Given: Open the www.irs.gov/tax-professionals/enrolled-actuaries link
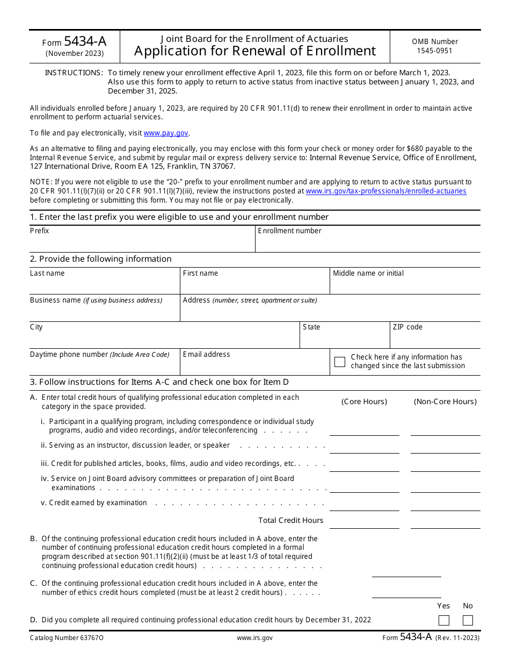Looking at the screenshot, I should tap(385, 191).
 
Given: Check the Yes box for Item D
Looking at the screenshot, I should tap(443, 620).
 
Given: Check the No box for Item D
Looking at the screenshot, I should tap(468, 620).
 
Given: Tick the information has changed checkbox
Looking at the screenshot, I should tap(339, 362).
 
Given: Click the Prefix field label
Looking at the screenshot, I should tap(39, 231).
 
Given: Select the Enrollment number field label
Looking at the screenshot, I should tap(289, 231).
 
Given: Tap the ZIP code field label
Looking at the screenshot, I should tap(407, 327).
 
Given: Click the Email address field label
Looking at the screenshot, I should tap(206, 355).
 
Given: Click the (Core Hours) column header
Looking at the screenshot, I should tap(364, 402).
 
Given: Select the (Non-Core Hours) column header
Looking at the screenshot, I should tap(445, 402).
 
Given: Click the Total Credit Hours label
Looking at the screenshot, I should tap(290, 520).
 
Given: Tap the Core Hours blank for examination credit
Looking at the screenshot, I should tap(364, 505).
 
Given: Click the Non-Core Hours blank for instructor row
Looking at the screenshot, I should tap(445, 447).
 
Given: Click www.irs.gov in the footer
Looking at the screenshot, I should tap(254, 638).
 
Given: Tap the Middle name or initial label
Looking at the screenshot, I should tap(368, 274).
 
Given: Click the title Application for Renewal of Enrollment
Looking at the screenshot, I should tap(255, 51).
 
